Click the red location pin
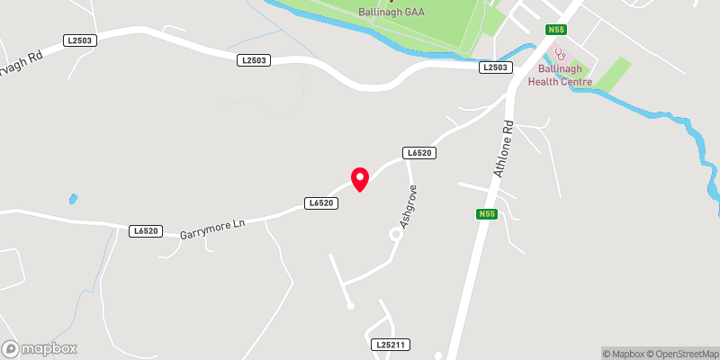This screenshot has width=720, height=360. coord(359,178)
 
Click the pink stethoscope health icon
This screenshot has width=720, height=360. coord(560,54)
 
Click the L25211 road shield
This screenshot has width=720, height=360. coord(390,345)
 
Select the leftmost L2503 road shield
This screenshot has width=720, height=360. coord(78,40)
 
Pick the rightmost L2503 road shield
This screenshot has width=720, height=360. coord(496,67)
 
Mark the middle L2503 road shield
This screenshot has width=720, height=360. coord(254,60)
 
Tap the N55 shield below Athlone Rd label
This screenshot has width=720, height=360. coord(486,214)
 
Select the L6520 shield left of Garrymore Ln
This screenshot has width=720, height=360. coord(145,231)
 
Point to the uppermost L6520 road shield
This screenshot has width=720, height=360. coord(420,153)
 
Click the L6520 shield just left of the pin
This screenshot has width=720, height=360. coord(321,203)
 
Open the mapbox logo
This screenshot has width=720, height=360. coord(39,349)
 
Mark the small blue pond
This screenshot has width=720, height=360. coord(73,198)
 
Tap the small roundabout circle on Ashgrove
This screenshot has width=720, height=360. coord(394,234)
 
